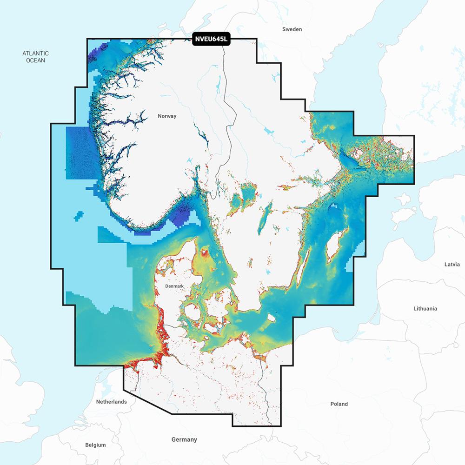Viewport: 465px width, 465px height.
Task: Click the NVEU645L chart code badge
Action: (x=212, y=40)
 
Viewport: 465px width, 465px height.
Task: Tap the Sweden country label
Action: (x=292, y=29)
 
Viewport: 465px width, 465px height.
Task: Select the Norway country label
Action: (x=167, y=116)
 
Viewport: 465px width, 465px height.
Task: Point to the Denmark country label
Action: (x=175, y=286)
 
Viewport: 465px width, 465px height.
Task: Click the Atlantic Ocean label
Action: (x=35, y=57)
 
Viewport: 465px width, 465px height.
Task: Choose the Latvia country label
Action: (x=452, y=264)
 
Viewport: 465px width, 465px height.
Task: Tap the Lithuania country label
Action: (x=425, y=308)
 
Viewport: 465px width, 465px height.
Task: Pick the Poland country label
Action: (x=339, y=404)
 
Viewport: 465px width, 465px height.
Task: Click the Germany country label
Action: (x=184, y=439)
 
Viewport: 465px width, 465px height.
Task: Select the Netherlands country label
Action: (x=111, y=401)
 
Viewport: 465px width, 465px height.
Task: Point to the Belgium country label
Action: (x=95, y=445)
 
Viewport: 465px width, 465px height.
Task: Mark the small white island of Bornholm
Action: (x=270, y=319)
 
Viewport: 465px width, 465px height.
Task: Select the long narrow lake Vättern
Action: (x=264, y=219)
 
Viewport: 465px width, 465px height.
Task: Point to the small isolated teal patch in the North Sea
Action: (x=79, y=216)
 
